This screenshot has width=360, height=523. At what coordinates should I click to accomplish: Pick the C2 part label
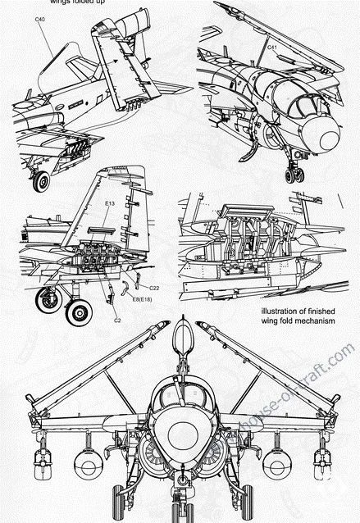click(117, 321)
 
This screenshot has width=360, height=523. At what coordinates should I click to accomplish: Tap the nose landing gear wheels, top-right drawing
click(294, 174)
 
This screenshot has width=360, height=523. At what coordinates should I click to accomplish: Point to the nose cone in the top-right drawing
click(330, 138)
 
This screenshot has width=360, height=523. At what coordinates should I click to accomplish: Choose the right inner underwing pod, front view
click(276, 464)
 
